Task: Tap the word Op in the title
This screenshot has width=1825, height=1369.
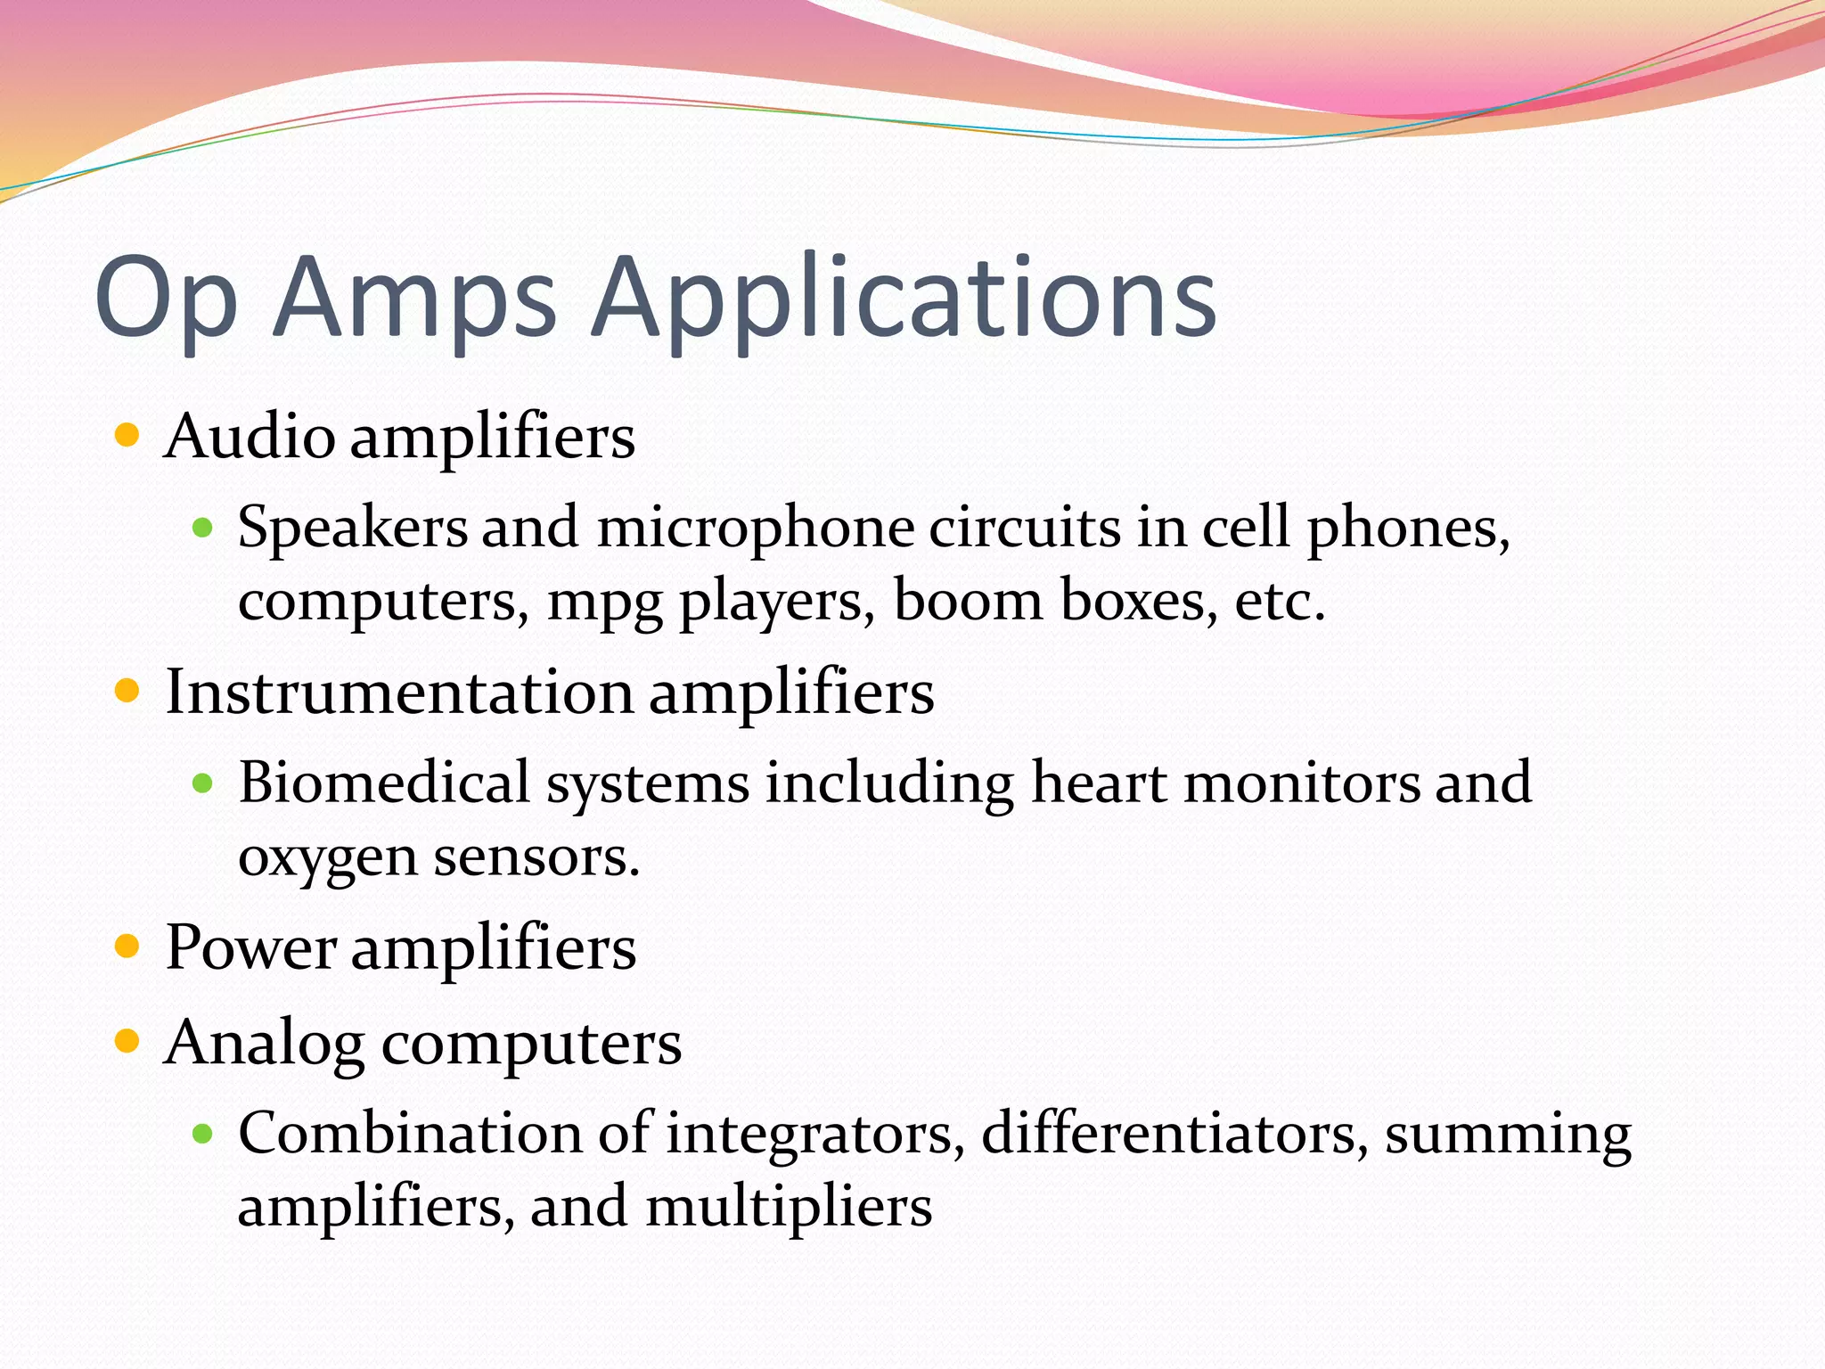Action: [x=166, y=301]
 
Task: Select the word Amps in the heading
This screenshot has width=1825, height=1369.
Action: [x=415, y=301]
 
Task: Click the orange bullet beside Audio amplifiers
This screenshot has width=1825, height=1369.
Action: [x=127, y=435]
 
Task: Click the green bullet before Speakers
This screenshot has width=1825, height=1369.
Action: [x=202, y=529]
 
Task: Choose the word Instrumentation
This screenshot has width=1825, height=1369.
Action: [x=399, y=693]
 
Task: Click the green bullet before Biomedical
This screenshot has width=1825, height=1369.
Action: [x=202, y=783]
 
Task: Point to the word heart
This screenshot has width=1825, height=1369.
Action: [x=1099, y=783]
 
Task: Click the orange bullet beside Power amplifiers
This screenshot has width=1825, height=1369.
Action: [x=127, y=946]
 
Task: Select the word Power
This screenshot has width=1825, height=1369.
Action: [x=250, y=947]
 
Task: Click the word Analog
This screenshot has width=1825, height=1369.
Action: [x=265, y=1043]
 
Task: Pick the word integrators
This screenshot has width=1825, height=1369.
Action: [x=814, y=1135]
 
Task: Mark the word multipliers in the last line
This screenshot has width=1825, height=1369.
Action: [x=788, y=1208]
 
